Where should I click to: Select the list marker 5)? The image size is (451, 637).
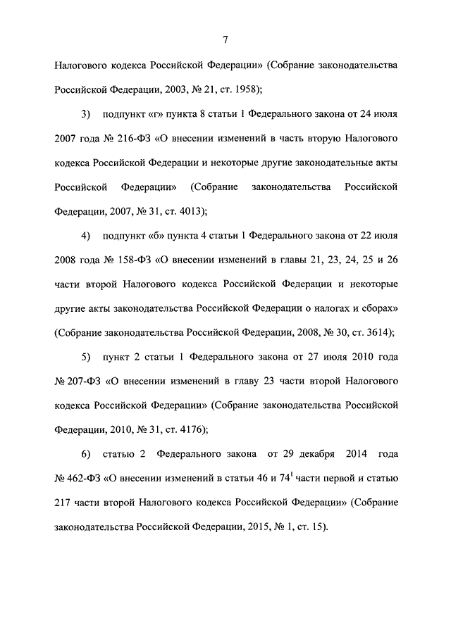coord(86,357)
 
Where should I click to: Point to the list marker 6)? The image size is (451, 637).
coord(86,454)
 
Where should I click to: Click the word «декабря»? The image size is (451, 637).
coord(309,454)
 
